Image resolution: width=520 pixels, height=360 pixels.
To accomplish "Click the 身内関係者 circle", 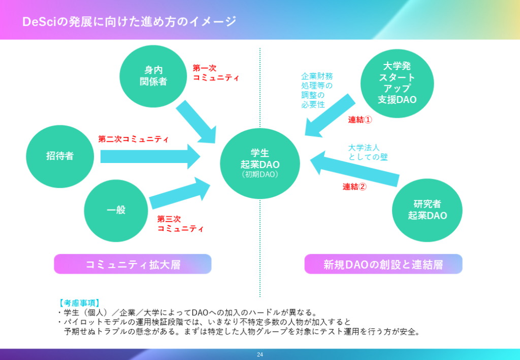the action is coord(153,76).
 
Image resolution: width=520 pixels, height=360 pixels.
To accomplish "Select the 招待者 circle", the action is coord(60,156).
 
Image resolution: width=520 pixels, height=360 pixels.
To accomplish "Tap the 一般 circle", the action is coord(116,211).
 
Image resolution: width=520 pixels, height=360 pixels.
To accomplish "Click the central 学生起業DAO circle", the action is coord(260,163).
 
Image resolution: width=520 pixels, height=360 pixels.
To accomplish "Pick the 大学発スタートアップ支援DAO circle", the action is coord(397,83).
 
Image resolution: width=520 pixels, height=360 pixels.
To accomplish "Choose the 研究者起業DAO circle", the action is coord(427,210).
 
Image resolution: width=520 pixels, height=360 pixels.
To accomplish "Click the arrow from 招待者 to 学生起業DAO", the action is coord(150,156).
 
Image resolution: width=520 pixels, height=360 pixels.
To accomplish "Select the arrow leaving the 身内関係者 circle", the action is coord(196,122).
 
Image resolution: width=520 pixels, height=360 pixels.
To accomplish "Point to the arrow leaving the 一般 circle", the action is coord(180,193).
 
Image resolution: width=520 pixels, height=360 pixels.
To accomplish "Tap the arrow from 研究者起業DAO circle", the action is coord(354,169).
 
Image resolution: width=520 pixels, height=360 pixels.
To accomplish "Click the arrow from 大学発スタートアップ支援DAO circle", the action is coord(330,115).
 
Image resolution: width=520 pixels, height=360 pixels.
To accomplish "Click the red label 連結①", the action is coord(360,120).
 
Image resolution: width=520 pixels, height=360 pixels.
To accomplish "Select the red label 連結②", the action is coord(354,187).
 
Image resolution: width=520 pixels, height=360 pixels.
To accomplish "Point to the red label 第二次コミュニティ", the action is coord(134,139).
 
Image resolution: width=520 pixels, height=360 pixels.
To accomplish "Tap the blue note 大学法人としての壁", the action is coord(368,152).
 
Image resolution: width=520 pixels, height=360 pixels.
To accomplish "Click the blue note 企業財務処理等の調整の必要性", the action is coord(317,90).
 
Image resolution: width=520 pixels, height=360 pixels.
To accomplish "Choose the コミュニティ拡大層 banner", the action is coord(133,264).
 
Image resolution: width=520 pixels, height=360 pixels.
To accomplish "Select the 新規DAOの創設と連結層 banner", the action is coord(383,264).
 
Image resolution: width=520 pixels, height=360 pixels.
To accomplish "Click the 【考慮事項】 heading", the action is coord(79,303).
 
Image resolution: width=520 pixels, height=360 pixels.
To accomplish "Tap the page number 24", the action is coord(260,354).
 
